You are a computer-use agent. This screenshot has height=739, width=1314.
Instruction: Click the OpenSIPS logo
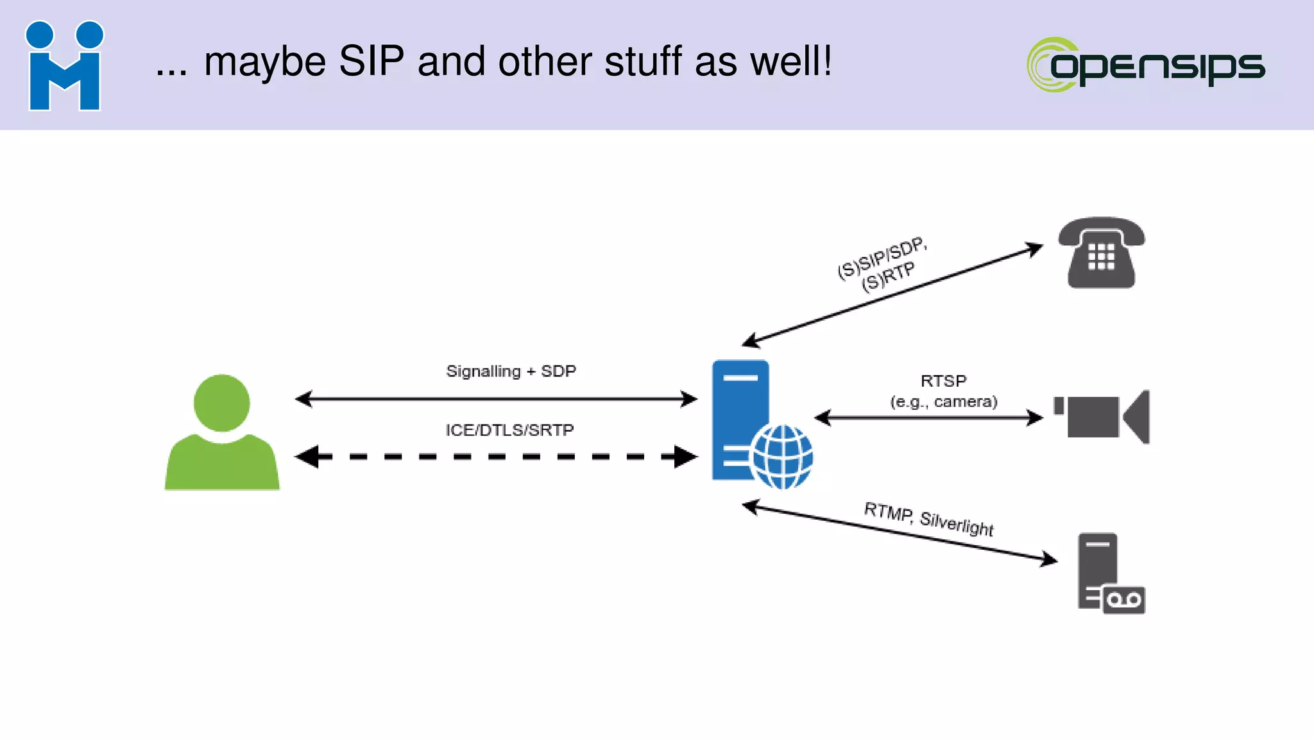[1146, 65]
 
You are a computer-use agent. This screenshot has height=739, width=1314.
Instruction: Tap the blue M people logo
[64, 65]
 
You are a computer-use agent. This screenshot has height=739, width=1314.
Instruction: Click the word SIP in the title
[371, 62]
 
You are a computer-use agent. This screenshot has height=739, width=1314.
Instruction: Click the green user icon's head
[221, 403]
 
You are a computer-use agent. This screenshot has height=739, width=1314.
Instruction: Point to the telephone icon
[1101, 253]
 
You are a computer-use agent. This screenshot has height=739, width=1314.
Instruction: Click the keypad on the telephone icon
[1101, 257]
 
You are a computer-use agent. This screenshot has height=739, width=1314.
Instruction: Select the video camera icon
[1101, 417]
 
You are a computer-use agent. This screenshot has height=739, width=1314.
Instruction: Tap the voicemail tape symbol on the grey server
[1124, 600]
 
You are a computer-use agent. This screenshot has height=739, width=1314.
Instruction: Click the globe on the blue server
[782, 457]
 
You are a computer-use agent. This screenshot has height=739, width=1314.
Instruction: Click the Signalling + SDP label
[511, 371]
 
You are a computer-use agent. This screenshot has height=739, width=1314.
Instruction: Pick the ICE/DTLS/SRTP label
[509, 430]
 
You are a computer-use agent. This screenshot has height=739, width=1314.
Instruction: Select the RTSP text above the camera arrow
[943, 381]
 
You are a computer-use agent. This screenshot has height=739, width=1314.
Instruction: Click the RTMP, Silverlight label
[928, 519]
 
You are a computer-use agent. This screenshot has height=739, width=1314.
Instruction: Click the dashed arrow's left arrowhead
[308, 457]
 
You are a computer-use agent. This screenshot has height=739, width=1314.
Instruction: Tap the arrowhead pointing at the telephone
[1034, 248]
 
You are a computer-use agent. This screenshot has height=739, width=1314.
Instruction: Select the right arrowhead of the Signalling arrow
[689, 399]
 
